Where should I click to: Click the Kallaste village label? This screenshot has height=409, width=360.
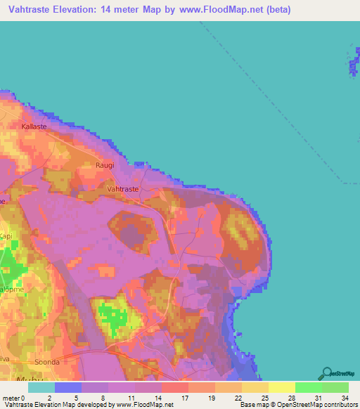34,126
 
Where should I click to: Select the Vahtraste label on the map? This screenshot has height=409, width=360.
122,189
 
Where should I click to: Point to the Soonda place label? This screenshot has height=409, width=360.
46,363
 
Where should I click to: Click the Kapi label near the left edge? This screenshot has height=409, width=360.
6,236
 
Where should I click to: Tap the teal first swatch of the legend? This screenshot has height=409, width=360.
41,387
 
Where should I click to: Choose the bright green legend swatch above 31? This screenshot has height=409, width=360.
308,387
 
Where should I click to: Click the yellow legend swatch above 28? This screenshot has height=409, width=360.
281,387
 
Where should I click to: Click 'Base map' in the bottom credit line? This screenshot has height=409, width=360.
254,405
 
